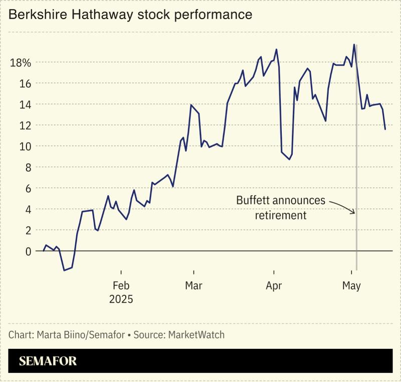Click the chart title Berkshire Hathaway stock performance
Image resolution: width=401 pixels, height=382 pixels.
[130, 15]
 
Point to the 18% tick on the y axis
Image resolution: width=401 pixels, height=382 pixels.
[20, 63]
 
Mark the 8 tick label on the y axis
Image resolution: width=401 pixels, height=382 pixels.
[28, 167]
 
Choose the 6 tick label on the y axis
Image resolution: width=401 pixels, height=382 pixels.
[28, 188]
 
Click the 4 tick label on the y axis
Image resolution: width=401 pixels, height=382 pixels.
[28, 209]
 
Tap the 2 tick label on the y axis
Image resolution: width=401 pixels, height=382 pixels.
[28, 230]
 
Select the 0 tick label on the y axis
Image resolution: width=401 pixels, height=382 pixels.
[28, 251]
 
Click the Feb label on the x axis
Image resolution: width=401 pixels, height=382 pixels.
[121, 286]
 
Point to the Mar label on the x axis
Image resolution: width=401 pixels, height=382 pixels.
[193, 286]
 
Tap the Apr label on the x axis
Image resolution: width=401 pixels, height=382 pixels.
[274, 286]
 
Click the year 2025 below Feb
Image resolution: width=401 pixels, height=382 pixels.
[121, 300]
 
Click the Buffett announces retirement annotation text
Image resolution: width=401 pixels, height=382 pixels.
[281, 208]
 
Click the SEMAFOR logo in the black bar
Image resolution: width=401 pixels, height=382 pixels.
[48, 361]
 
